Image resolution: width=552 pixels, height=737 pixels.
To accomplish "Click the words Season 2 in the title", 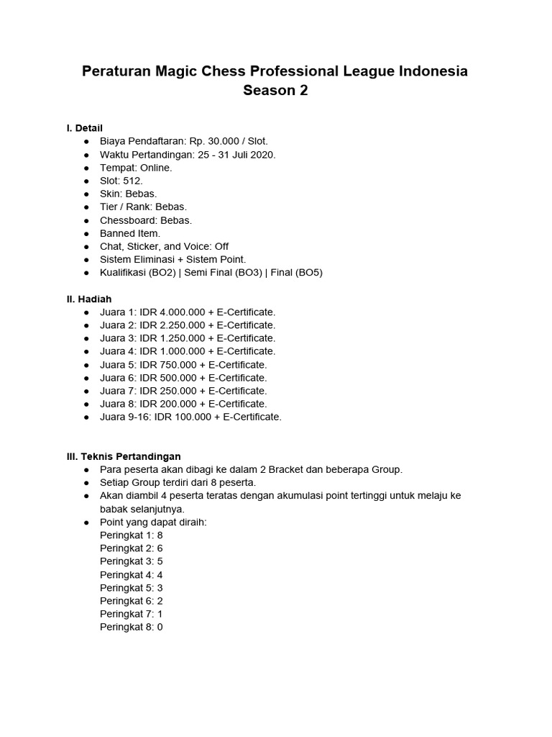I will pos(275,91).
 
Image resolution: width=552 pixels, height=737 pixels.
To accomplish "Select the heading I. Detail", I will pos(85,128).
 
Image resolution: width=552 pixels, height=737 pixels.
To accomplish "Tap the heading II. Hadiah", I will pos(89,299).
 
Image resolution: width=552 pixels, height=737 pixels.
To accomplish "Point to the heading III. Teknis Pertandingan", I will pos(124,456).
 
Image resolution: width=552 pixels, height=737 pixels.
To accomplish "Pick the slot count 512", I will pos(132,181).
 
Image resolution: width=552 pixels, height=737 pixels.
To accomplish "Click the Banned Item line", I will pos(130,233).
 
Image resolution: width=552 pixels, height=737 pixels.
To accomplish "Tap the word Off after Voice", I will pos(221,247).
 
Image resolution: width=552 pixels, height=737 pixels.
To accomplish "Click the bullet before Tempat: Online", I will pos(86,168).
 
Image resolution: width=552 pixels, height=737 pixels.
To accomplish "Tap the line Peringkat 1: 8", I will pos(132,535).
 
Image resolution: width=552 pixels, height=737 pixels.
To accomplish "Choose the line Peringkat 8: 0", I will pos(132,627).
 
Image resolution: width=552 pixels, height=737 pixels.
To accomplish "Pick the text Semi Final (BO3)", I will pos(222,273).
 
